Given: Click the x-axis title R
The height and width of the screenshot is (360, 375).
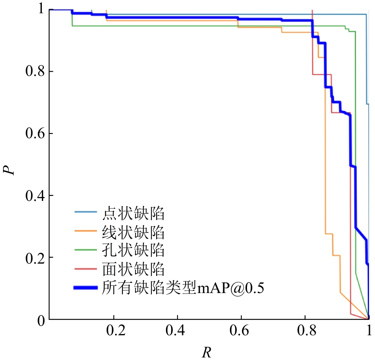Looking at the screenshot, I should pyautogui.click(x=207, y=352).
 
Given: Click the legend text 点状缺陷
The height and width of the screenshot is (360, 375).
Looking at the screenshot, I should pyautogui.click(x=134, y=212).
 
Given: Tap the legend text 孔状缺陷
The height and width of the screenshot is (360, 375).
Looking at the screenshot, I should pyautogui.click(x=134, y=250).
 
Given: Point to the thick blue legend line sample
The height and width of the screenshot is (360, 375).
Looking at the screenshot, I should pyautogui.click(x=87, y=288).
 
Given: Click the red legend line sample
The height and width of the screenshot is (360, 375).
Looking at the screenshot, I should pyautogui.click(x=87, y=269).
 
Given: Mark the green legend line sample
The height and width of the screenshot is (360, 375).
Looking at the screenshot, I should pyautogui.click(x=87, y=250).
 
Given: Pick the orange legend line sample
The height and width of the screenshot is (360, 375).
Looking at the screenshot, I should pyautogui.click(x=87, y=231).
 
